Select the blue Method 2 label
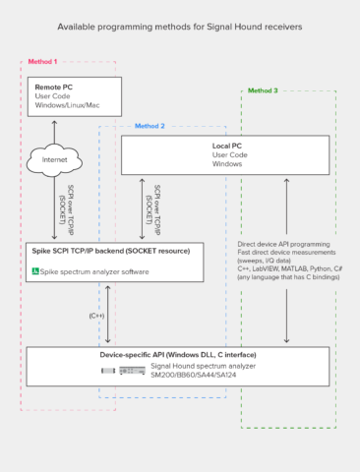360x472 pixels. point(150,126)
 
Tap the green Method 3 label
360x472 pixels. point(263,90)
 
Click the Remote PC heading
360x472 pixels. point(55,88)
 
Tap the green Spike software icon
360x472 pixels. point(35,269)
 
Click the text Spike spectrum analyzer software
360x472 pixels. point(93,269)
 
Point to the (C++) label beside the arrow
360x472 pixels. point(96,316)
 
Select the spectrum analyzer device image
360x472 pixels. point(122,370)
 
